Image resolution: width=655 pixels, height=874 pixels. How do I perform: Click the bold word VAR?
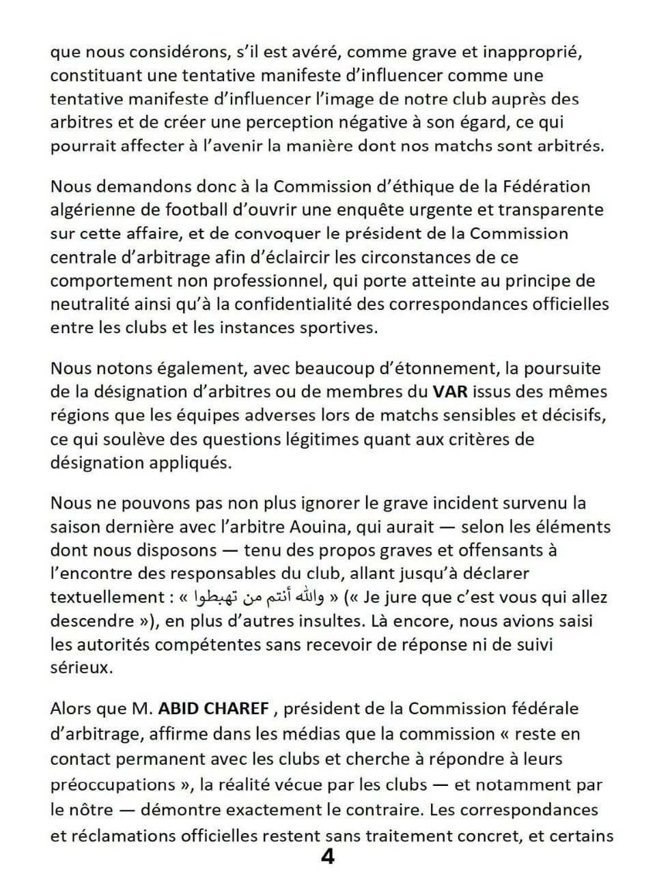449,392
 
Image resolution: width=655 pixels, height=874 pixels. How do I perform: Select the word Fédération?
547,186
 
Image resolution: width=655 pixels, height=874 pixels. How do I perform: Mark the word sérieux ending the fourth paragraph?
81,667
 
